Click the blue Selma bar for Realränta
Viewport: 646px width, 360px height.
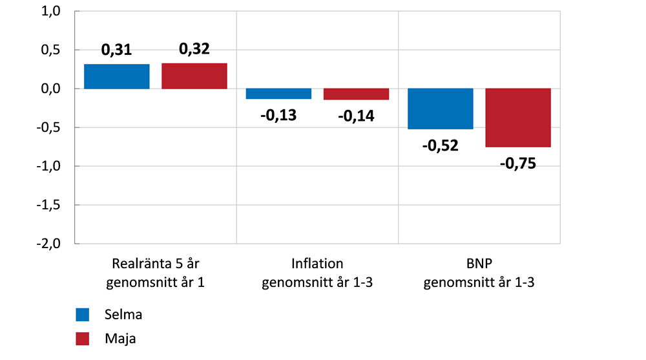coord(117,76)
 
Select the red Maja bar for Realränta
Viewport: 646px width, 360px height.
coord(194,76)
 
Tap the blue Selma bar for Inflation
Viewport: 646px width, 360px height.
coord(278,94)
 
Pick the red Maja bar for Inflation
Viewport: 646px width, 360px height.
coord(356,94)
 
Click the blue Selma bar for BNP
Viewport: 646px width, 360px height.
coord(441,109)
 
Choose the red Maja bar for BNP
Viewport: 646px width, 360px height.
coord(518,118)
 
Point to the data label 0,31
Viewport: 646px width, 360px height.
coord(117,51)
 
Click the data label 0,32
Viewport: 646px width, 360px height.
coord(194,49)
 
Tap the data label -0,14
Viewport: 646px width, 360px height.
coord(356,116)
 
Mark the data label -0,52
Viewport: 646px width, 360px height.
coord(441,145)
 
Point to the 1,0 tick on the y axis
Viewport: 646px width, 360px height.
coord(50,12)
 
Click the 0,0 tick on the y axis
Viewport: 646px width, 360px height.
coord(50,89)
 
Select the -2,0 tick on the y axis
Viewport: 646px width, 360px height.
coord(48,244)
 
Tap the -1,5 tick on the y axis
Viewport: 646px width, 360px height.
coord(48,205)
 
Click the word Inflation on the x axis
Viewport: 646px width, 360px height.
coord(317,264)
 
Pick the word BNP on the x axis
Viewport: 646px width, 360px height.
coord(479,264)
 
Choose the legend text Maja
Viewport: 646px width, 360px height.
coord(120,338)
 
